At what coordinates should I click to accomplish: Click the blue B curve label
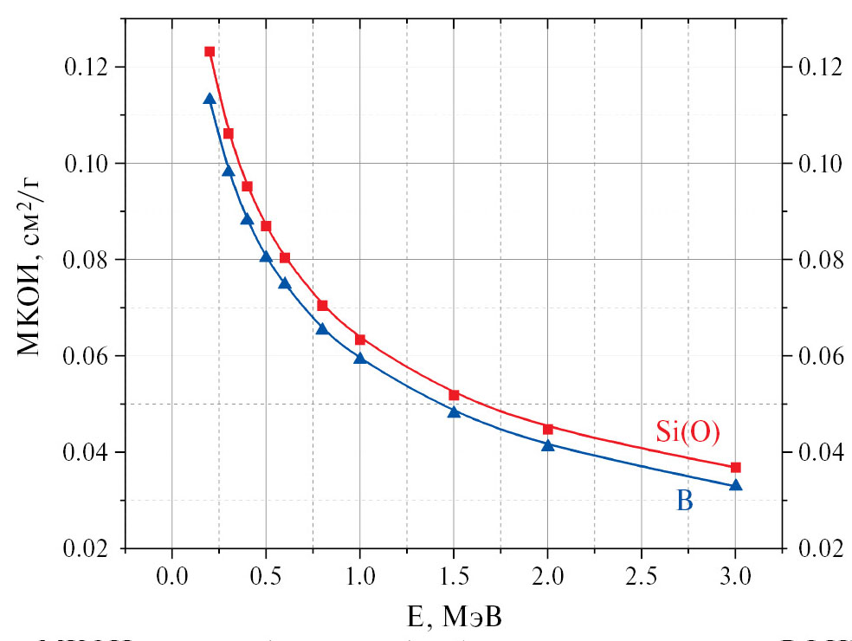[684, 501]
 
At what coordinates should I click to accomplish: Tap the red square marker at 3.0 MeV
[736, 468]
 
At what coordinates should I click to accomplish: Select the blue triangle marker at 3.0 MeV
[736, 485]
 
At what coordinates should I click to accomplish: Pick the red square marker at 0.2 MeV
[210, 52]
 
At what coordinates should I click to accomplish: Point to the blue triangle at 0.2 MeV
[210, 99]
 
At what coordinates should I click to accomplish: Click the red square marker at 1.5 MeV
[454, 395]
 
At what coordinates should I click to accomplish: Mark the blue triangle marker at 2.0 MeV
[548, 445]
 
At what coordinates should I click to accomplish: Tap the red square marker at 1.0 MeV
[360, 339]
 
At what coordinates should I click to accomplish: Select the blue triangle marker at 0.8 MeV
[322, 328]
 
